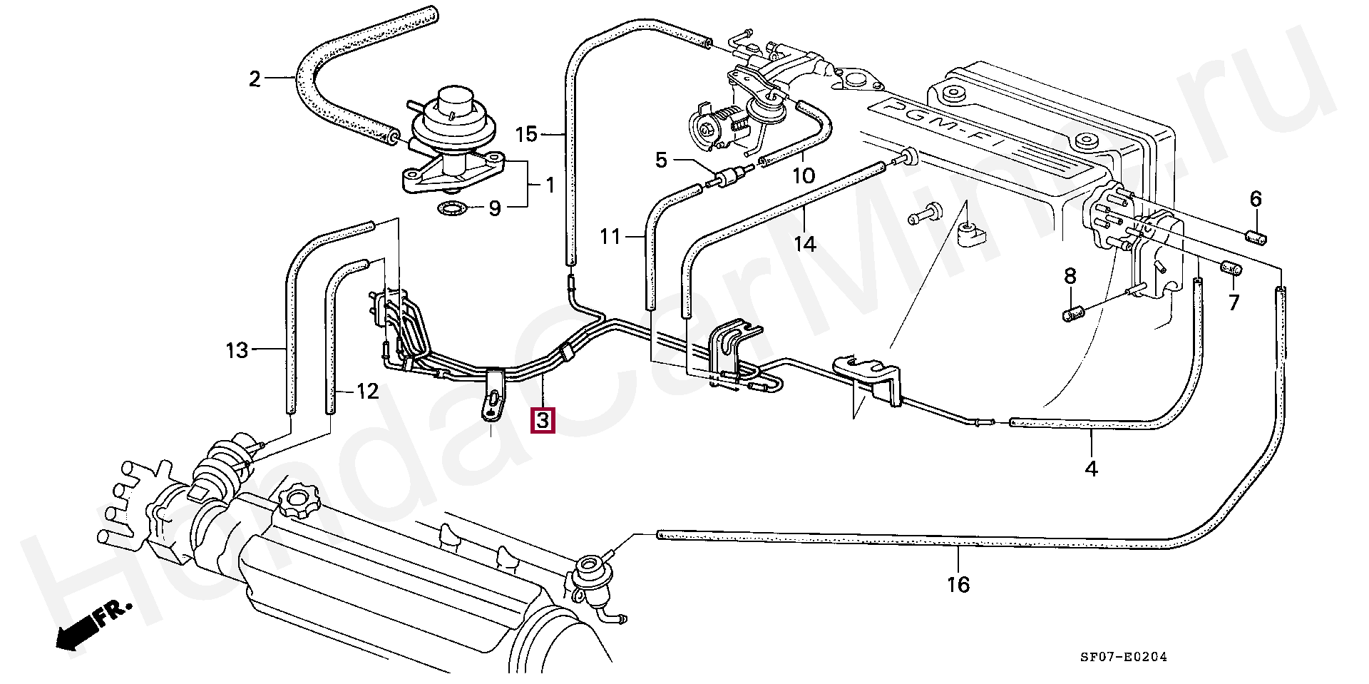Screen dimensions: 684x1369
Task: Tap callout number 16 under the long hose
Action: point(958,585)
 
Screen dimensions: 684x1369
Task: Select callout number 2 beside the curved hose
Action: point(255,78)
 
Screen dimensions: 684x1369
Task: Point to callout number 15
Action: point(526,134)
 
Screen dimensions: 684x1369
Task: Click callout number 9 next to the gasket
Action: point(495,208)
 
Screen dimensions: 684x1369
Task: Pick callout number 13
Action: point(237,350)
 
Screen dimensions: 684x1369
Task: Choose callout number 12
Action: point(367,391)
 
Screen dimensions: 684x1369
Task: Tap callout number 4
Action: point(1091,469)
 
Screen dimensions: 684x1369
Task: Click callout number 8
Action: point(1070,276)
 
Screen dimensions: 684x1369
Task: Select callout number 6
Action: point(1256,199)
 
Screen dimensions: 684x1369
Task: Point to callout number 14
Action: point(805,244)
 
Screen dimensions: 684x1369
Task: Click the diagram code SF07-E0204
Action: point(1123,657)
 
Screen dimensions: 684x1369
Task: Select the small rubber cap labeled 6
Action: point(1256,238)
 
